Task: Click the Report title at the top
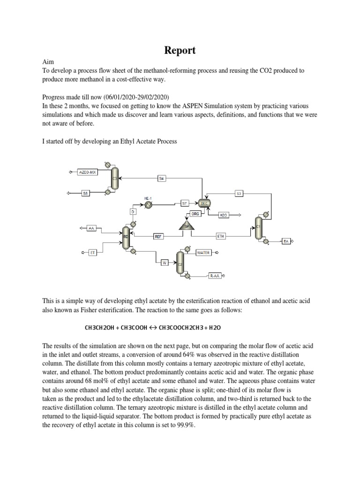click(180, 50)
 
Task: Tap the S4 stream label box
click(162, 178)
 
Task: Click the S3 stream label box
click(239, 193)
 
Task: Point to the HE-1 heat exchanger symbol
click(149, 204)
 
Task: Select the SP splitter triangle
click(186, 226)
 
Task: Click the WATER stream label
click(203, 253)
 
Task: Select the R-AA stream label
click(215, 276)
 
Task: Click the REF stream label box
click(158, 236)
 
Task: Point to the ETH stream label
click(221, 236)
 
